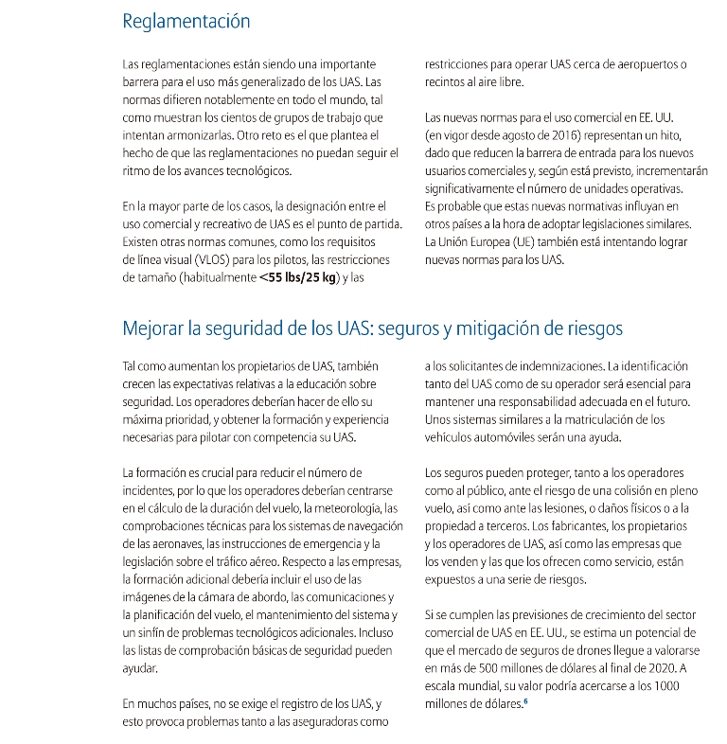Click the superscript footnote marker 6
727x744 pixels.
pos(524,701)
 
